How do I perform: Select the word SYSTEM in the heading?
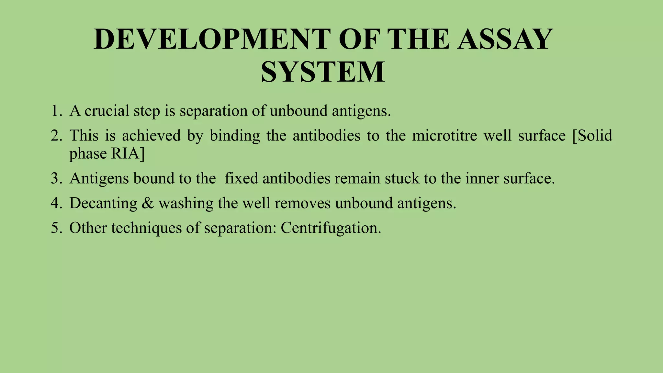(x=323, y=72)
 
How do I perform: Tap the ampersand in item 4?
(x=148, y=203)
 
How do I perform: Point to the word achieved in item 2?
(x=151, y=136)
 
